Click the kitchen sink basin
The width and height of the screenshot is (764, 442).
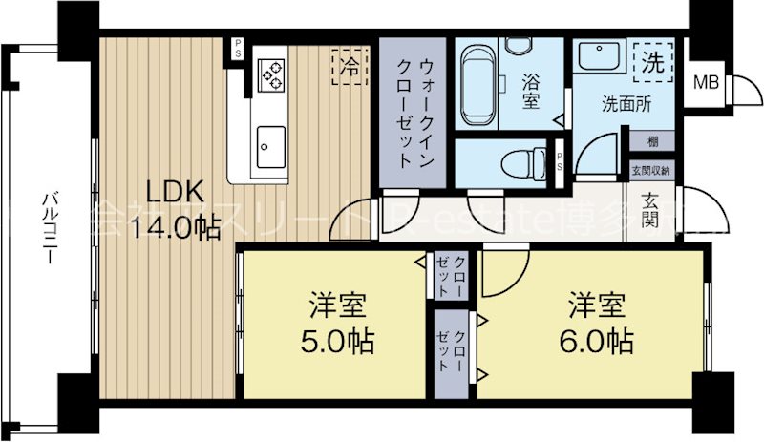point(270,144)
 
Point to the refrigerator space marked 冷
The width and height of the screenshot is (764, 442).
point(350,66)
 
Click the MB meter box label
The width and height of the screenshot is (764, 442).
point(707,81)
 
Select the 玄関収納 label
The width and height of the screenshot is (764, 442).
point(650,170)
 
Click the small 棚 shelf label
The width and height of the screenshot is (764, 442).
point(651,141)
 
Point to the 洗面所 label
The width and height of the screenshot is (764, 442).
point(626,104)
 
